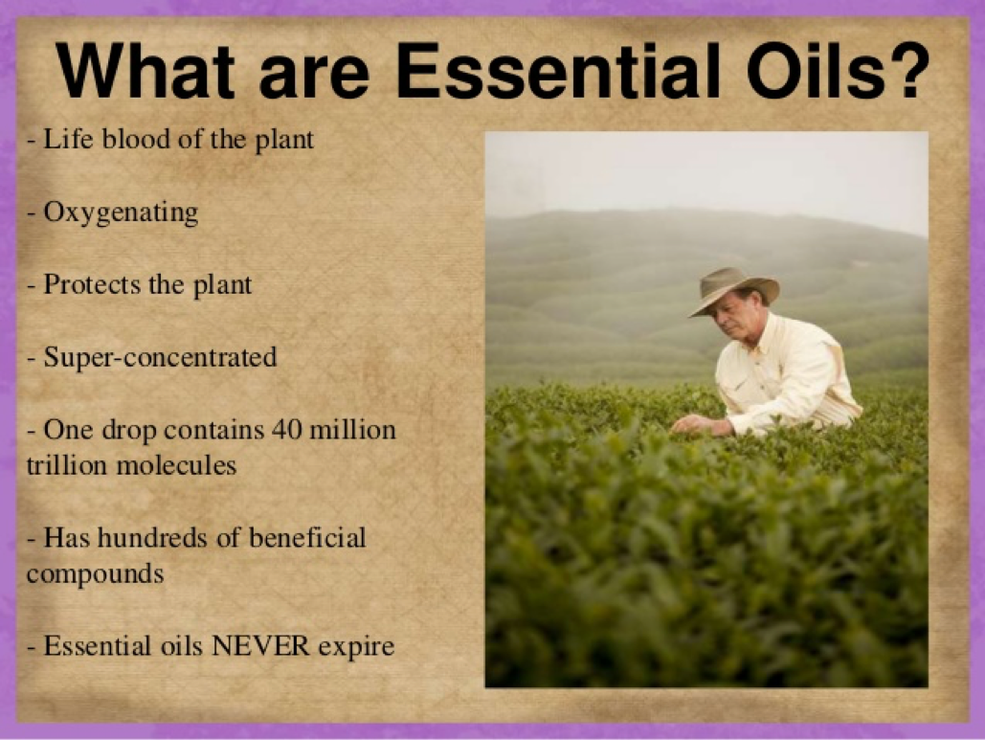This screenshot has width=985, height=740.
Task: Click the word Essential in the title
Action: pos(557,70)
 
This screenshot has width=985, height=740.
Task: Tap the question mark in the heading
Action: pos(905,70)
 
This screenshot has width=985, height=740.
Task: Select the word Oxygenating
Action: pos(121,213)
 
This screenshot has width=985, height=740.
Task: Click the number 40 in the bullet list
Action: pos(286,430)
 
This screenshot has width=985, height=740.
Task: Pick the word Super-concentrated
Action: pos(160,357)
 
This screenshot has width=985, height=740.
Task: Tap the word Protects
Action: pos(92,284)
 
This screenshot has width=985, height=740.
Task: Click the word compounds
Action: pos(96,574)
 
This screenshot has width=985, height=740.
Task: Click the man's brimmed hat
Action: pos(733,290)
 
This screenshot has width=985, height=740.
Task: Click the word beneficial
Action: pos(307,538)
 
